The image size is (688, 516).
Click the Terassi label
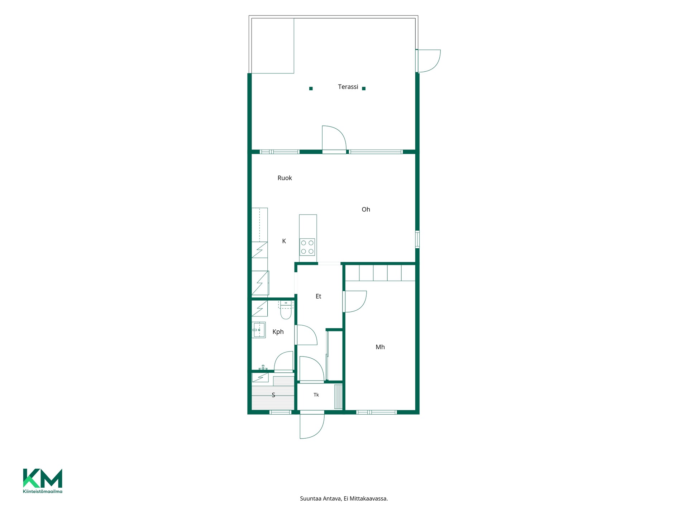point(348,87)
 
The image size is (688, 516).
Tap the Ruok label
point(285,178)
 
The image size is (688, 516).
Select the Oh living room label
point(366,210)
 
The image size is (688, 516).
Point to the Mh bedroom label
point(380,347)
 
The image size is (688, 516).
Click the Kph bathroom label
point(278,332)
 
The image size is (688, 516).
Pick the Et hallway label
point(318,296)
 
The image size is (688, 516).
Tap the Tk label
point(316,395)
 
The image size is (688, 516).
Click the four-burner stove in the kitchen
point(307,247)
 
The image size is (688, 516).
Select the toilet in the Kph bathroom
point(286,310)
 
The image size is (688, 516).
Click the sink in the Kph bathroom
point(259,330)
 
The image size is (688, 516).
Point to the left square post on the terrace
point(311,89)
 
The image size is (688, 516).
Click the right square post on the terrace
point(364,89)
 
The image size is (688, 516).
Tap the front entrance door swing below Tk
point(312,426)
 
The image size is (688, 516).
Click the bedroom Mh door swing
point(355,301)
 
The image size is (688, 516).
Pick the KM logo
point(43,478)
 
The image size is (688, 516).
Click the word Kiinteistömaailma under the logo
point(43,491)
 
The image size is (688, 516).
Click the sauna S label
point(273,395)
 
